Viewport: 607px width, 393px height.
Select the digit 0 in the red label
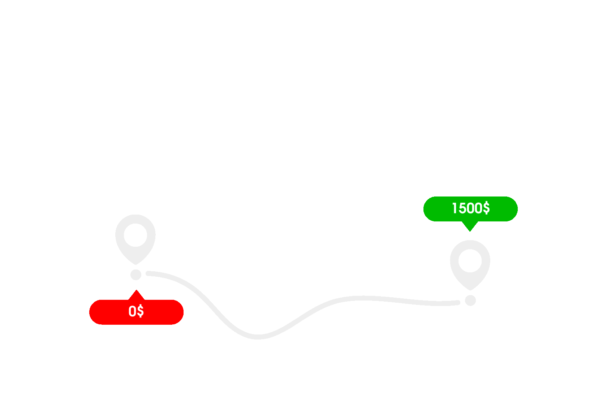(132, 311)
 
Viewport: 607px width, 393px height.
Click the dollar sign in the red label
(140, 311)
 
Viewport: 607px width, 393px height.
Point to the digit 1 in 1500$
(455, 208)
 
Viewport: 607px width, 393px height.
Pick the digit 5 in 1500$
(462, 208)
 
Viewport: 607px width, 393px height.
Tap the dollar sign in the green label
(486, 208)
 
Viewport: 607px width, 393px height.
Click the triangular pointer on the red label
(137, 295)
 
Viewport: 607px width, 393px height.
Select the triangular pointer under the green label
(470, 225)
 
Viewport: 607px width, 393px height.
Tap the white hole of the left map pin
(135, 235)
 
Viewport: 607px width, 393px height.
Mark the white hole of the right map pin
(470, 261)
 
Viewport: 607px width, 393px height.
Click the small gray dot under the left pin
(136, 275)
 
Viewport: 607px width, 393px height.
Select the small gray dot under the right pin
(470, 300)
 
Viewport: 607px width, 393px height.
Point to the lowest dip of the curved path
(258, 337)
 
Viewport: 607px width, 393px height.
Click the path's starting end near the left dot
(148, 273)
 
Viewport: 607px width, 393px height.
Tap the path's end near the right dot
(458, 302)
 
